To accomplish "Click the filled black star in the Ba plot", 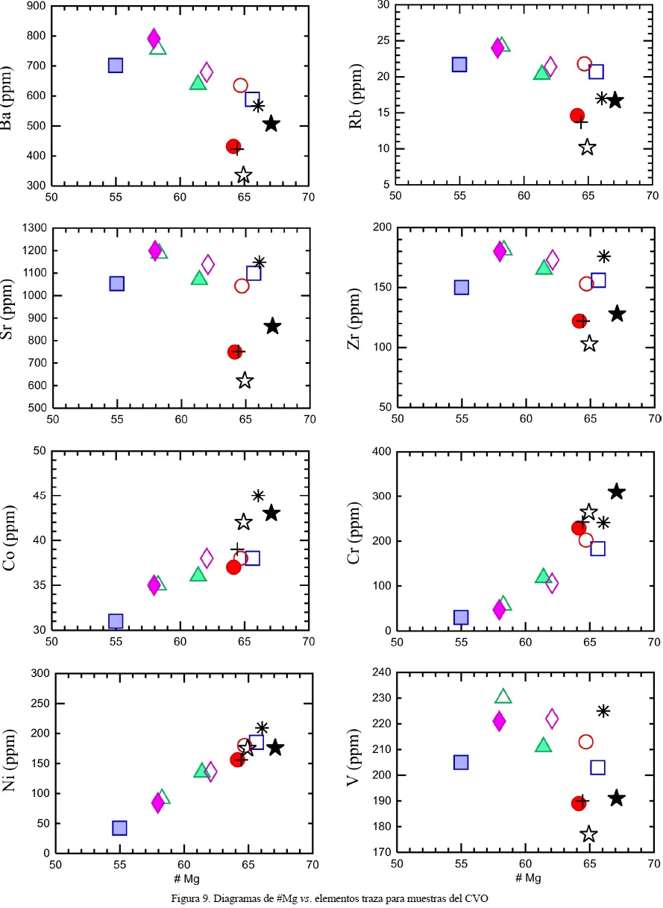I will pos(271,124).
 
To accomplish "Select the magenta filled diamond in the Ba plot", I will pos(154,38).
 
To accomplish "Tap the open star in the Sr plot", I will pos(245,381).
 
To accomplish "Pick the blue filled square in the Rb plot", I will pos(459,65).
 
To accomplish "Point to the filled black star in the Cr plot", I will pos(616,491).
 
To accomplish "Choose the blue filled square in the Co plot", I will pos(116,621).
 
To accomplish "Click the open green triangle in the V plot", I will pos(503,696).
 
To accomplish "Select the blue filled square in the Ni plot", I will pos(119,827).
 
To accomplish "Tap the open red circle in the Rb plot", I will pos(585,64).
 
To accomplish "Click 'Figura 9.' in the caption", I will pos(191,898).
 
